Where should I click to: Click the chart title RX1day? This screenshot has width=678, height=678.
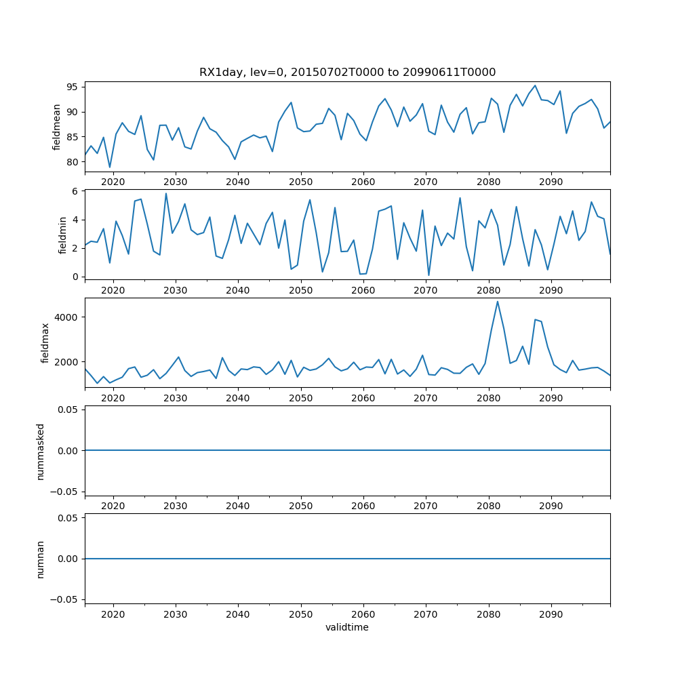click(347, 72)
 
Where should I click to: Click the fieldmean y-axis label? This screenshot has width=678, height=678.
click(57, 127)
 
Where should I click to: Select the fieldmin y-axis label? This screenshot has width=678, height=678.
click(62, 235)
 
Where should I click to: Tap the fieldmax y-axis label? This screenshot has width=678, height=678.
click(46, 343)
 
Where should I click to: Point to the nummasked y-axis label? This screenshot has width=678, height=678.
click(41, 451)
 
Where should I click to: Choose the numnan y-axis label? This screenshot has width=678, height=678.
click(41, 559)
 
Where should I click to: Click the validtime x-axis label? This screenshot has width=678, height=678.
click(347, 628)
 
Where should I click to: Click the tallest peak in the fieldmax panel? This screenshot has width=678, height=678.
click(497, 302)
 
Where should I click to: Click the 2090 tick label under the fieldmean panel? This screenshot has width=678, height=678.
click(551, 182)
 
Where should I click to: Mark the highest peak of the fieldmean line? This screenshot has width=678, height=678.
click(535, 85)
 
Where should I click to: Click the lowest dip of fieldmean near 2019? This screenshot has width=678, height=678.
click(110, 167)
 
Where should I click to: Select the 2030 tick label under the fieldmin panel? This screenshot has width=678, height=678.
click(176, 290)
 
